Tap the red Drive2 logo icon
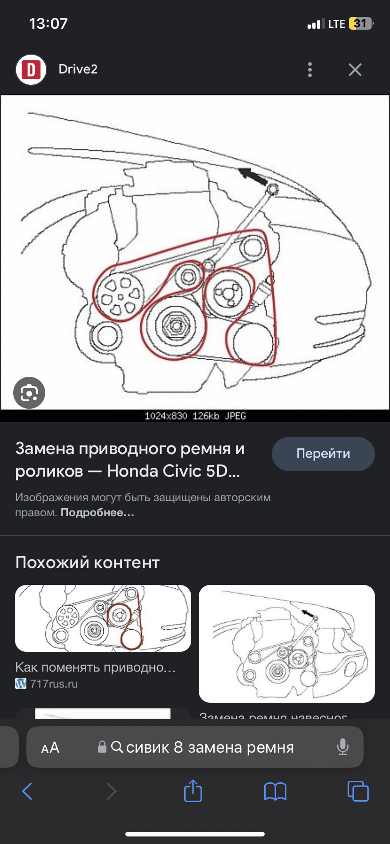[x=31, y=70]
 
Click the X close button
[x=355, y=70]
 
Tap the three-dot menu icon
[x=309, y=70]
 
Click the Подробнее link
[x=97, y=513]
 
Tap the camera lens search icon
[x=29, y=393]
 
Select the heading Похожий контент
[x=88, y=562]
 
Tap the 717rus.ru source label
[x=54, y=684]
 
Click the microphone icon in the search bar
[x=343, y=747]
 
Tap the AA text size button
[x=50, y=748]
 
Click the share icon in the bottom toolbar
[x=193, y=791]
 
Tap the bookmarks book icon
[x=275, y=791]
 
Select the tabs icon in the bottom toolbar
[x=357, y=791]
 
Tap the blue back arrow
[x=28, y=791]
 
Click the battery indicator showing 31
[x=360, y=24]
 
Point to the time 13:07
[x=49, y=24]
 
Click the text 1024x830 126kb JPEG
[x=195, y=416]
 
